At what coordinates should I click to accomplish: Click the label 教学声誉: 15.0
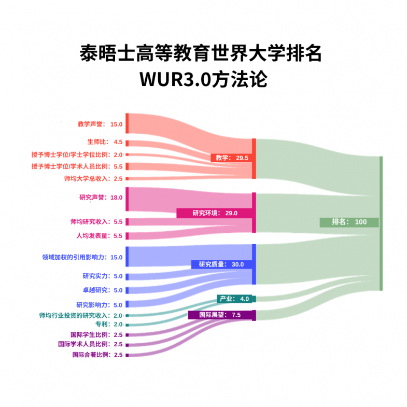(100, 124)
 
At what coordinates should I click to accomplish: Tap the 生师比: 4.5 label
(105, 142)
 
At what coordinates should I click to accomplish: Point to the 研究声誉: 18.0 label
(101, 198)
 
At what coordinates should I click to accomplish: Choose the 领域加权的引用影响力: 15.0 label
(82, 257)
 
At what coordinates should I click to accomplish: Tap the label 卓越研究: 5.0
(103, 290)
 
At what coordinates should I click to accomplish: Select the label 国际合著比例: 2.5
(97, 355)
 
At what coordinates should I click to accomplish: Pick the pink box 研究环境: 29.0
(215, 213)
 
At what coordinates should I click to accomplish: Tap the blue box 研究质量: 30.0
(221, 264)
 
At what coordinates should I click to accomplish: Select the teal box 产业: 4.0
(234, 299)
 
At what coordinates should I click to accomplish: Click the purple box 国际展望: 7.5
(221, 315)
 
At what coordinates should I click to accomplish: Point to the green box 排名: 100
(349, 222)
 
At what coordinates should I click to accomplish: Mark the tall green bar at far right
(381, 223)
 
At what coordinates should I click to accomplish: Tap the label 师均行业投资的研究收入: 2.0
(81, 316)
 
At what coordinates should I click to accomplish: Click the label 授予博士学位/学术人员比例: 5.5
(77, 166)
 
